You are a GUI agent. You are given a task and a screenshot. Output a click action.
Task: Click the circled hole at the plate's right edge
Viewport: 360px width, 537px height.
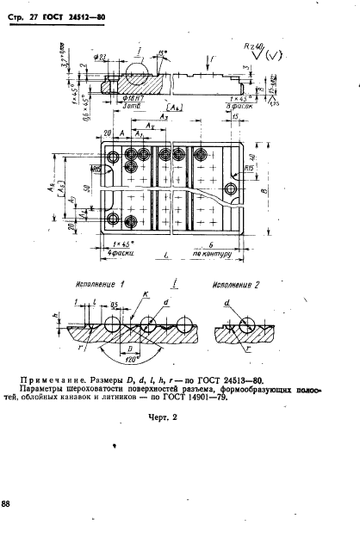pyautogui.click(x=231, y=188)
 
